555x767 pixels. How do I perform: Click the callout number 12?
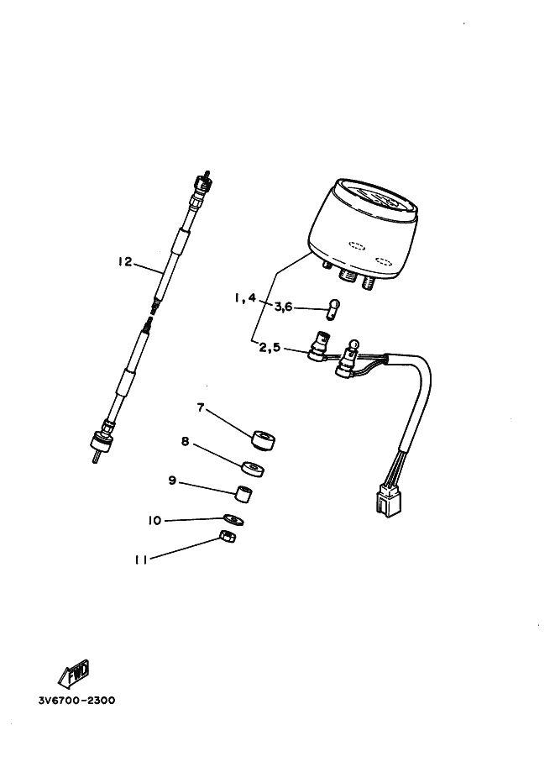click(125, 262)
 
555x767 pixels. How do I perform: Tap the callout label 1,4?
click(245, 297)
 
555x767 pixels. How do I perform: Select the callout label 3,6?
click(283, 307)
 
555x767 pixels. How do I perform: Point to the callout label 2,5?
click(270, 347)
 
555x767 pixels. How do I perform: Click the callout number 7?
click(200, 407)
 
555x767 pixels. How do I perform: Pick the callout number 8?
click(185, 441)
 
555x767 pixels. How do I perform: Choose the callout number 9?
click(172, 481)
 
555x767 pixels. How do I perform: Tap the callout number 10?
click(154, 520)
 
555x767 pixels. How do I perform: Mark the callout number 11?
click(141, 560)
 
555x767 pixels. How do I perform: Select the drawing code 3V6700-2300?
click(76, 700)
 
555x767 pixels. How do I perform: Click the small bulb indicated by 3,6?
click(333, 309)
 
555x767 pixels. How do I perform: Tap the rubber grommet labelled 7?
click(263, 439)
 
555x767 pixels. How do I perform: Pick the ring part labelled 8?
click(253, 469)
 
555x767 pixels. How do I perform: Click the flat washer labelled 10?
click(233, 519)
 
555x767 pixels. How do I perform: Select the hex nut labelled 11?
click(228, 537)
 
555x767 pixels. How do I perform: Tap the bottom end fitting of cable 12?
click(101, 442)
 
